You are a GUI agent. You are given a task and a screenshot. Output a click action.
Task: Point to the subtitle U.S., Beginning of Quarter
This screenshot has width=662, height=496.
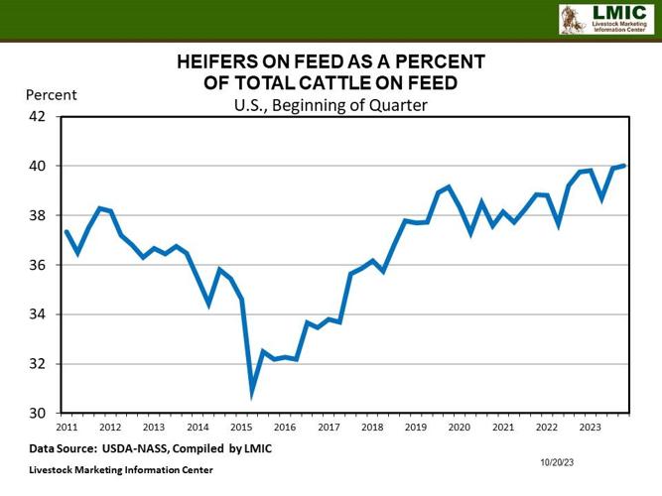(331, 104)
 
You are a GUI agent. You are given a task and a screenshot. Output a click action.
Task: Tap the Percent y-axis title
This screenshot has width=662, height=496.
(51, 95)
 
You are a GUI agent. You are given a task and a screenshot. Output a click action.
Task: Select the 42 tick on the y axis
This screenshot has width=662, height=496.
(37, 116)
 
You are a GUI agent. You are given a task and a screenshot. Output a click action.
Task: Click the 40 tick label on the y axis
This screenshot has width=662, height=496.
(37, 166)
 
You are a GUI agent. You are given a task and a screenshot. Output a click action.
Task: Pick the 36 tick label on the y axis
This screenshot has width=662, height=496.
(37, 265)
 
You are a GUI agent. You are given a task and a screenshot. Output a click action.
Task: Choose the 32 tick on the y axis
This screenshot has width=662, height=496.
(37, 364)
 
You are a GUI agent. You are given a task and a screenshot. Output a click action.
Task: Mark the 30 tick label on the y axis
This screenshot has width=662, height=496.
(37, 413)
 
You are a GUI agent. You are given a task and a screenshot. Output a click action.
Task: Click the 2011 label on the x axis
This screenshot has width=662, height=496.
(66, 428)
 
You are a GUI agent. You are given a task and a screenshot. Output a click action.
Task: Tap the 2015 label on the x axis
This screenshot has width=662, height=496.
(241, 428)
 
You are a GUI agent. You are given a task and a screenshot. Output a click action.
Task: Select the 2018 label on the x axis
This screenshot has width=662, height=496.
(372, 428)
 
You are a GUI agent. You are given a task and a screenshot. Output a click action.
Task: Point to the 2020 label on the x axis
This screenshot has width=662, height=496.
(460, 428)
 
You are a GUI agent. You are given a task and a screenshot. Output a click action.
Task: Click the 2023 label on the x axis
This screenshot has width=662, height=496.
(591, 428)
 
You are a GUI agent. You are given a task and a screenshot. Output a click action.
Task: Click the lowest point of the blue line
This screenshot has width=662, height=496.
(252, 394)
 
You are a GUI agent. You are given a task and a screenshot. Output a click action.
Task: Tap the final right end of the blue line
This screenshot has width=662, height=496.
(624, 166)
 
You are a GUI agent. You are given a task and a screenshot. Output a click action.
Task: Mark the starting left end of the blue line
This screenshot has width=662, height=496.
(66, 231)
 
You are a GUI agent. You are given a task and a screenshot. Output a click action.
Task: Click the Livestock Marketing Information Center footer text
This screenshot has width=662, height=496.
(120, 469)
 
